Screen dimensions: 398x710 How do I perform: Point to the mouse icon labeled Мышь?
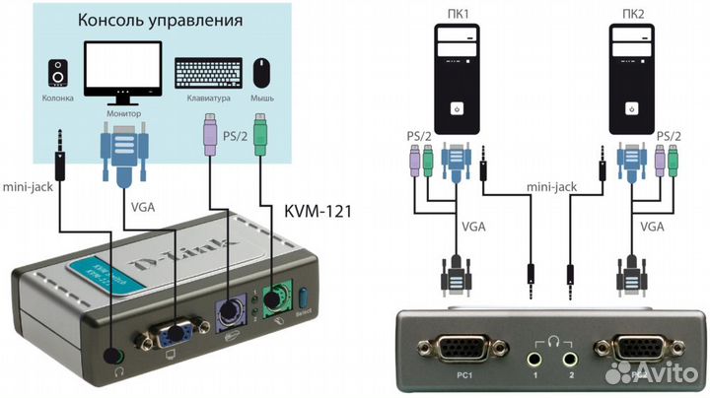point(261,72)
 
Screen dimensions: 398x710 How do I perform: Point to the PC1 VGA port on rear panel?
point(456,349)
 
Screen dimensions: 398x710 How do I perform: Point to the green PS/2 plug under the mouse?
point(261,134)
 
